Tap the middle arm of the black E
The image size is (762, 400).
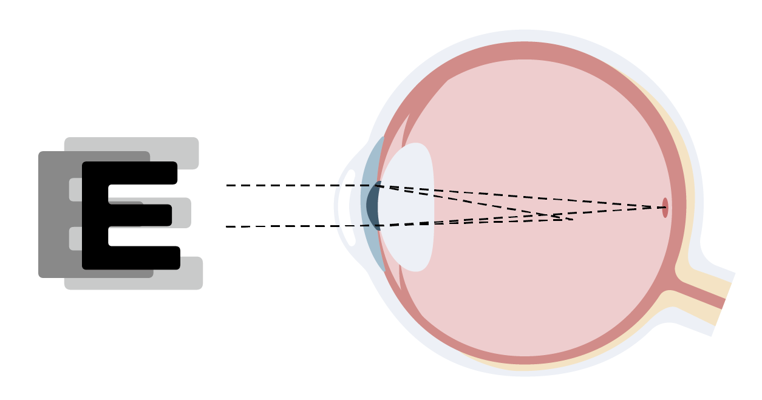(140, 215)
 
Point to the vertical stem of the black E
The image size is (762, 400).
(95, 215)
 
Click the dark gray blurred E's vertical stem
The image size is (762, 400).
(55, 214)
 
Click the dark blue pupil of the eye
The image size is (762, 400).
(373, 206)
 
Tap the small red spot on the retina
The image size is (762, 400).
(665, 208)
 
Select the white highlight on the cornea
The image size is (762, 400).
(350, 208)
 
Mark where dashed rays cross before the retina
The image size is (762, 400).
(554, 216)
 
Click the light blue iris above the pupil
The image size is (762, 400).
(373, 160)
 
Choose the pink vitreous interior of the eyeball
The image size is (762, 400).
(544, 136)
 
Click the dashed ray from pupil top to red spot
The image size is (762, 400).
(520, 196)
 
